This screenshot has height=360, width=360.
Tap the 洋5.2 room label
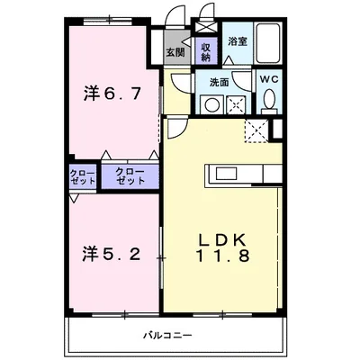112,253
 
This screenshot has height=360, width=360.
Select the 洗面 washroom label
220,83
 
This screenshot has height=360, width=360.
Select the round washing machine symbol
212,103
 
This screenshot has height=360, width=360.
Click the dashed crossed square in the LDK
256,133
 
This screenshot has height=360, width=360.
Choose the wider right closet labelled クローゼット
130,175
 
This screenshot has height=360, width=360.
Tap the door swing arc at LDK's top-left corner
175,126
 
